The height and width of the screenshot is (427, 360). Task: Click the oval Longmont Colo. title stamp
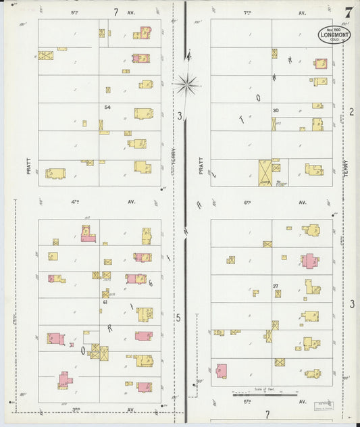point(334,35)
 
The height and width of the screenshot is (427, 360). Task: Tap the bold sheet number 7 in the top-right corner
point(348,13)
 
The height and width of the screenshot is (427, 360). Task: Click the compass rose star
point(186,84)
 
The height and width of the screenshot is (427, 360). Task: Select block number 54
point(107,107)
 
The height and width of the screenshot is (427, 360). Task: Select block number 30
point(276,110)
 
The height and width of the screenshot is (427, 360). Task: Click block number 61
point(106,303)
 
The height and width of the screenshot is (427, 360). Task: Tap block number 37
point(276,286)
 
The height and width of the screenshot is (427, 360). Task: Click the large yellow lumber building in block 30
point(265,173)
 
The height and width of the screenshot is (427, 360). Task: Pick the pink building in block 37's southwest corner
point(222,371)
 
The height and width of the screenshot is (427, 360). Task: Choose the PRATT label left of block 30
point(201,166)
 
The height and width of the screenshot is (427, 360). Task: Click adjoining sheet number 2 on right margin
point(351,111)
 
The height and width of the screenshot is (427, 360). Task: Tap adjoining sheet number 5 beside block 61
point(178,318)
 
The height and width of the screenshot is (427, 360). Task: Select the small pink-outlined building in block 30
point(320,64)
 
